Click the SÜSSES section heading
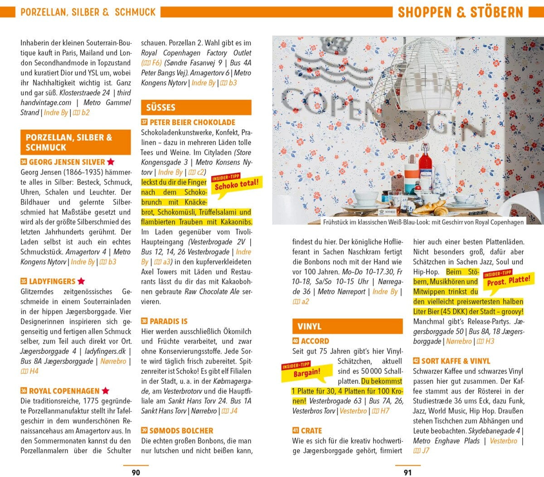coord(160,107)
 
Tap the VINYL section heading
coord(310,326)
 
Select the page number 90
coord(136,472)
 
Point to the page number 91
coord(408,472)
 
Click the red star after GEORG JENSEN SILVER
coord(111,162)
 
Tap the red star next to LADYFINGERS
coord(81,281)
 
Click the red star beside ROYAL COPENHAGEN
coord(105,390)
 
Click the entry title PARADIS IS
coord(168,321)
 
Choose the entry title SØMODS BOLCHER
coord(181,430)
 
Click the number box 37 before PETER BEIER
coord(144,122)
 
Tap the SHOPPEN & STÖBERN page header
coord(460,12)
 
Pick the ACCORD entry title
coord(315,341)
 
